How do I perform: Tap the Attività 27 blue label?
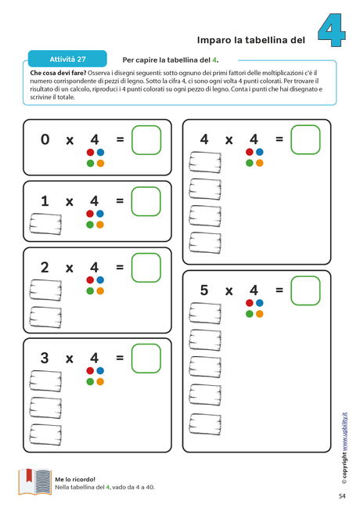(67, 59)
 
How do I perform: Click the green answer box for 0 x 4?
(146, 140)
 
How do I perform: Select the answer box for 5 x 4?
(305, 290)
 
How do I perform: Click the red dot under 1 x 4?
(90, 214)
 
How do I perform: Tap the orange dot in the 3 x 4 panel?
(100, 381)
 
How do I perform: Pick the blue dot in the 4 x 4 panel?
(260, 152)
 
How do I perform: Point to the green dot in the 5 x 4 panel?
(250, 314)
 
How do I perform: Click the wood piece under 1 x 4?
(45, 224)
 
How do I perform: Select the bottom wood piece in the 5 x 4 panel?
(205, 424)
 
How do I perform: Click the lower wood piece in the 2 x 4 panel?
(45, 317)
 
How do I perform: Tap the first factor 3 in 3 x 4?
(45, 358)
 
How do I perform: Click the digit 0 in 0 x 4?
(45, 139)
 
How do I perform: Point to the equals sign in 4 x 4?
(279, 139)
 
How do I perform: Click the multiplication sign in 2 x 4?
(69, 269)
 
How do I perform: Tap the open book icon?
(35, 482)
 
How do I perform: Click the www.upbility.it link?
(344, 431)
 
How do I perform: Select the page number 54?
(342, 496)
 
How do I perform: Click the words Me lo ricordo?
(75, 479)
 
